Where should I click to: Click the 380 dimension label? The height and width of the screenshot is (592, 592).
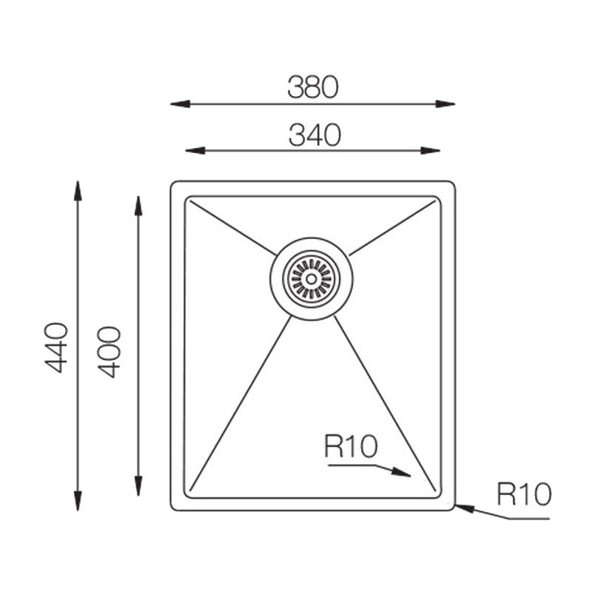click(x=313, y=87)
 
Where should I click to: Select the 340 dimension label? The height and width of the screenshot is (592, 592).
click(x=314, y=135)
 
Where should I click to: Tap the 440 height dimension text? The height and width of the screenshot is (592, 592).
click(x=57, y=348)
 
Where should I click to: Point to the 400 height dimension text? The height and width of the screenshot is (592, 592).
click(x=109, y=352)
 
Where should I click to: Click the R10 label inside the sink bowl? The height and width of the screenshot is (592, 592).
click(x=351, y=447)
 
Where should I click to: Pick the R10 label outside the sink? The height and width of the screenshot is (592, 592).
click(x=524, y=494)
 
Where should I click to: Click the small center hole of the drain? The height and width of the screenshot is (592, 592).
click(x=312, y=279)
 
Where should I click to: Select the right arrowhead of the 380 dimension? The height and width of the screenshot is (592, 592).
click(x=445, y=104)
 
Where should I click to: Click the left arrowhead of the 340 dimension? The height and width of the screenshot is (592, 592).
click(x=195, y=151)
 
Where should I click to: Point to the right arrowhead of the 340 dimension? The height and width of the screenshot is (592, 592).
click(x=431, y=151)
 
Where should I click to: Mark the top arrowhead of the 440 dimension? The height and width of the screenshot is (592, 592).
click(x=78, y=191)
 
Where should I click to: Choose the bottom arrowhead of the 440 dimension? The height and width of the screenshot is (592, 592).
click(x=78, y=501)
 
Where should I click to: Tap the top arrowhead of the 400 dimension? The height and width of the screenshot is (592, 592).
click(x=138, y=206)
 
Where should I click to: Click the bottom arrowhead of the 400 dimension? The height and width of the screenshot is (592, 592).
click(x=138, y=486)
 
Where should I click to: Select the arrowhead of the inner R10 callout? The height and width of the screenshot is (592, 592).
click(x=401, y=472)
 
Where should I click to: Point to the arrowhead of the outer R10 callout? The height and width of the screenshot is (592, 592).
click(x=465, y=508)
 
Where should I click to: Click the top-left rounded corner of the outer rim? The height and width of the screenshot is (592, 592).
click(x=172, y=184)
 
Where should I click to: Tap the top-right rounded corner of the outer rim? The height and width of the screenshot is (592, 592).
click(x=453, y=184)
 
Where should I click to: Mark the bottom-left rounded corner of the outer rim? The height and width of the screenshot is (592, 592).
click(x=172, y=508)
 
